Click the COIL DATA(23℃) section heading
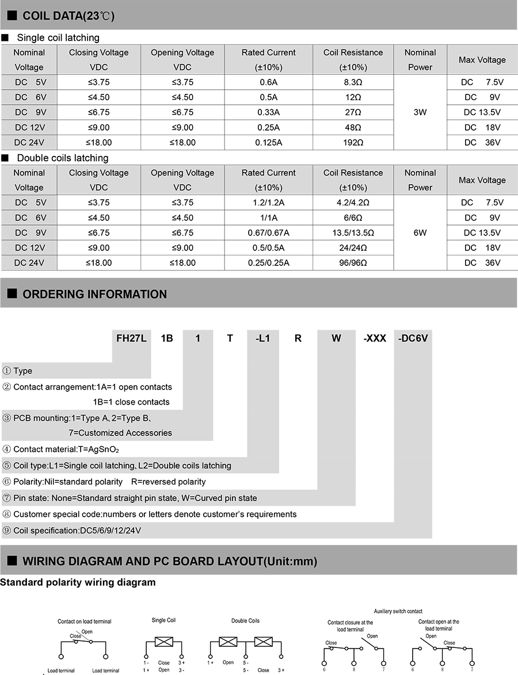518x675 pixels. pos(68,16)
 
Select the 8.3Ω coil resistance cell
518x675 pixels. pos(353,82)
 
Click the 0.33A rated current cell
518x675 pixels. pos(268,112)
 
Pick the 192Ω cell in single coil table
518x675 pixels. pos(353,142)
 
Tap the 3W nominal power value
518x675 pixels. pos(420,112)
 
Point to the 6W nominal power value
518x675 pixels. pos(420,232)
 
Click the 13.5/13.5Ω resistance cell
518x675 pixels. pos(353,232)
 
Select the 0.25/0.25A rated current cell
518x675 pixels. pos(268,262)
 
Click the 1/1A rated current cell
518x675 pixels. pos(268,218)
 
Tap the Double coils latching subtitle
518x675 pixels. pos(62,158)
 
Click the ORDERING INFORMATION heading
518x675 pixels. pos(94,294)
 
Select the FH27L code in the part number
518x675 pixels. pos(131,338)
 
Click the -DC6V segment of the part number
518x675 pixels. pos(413,338)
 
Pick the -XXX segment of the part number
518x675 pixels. pos(375,338)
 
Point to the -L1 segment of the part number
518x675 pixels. pos(262,338)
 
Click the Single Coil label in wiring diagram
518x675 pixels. pos(163,620)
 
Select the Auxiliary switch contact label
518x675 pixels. pos(398,611)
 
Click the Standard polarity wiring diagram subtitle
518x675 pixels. pos(78,582)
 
